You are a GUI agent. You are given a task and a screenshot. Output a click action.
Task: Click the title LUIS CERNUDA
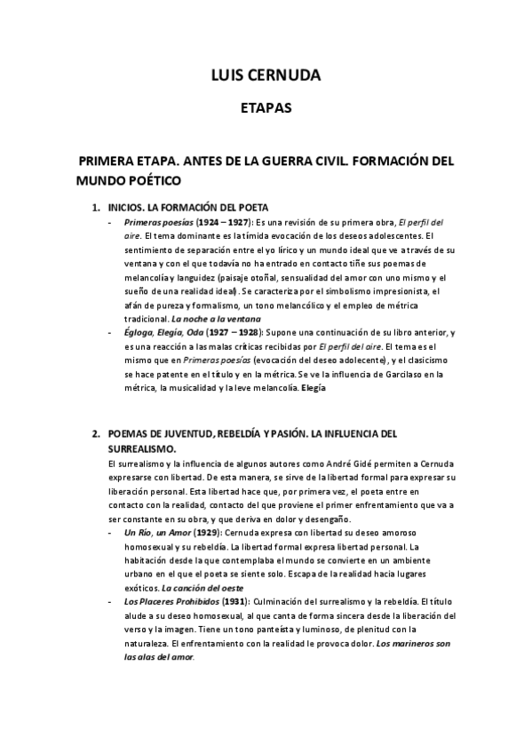point(266,75)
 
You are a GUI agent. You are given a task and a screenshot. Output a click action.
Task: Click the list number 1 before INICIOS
point(96,207)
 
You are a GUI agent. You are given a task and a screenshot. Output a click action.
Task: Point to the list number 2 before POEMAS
point(96,435)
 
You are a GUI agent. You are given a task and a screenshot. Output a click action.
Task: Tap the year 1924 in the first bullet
point(208,222)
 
